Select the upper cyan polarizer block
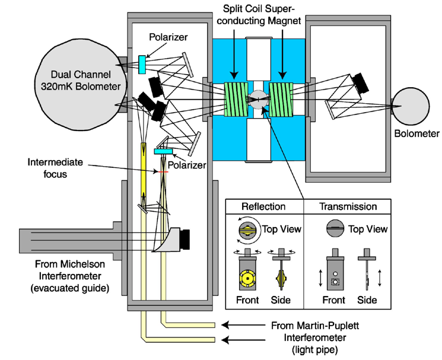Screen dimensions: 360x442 pyautogui.click(x=142, y=64)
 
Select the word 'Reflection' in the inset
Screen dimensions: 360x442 pyautogui.click(x=265, y=207)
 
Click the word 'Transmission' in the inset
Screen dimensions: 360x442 pyautogui.click(x=348, y=207)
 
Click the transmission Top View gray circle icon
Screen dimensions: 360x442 pyautogui.click(x=332, y=228)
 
